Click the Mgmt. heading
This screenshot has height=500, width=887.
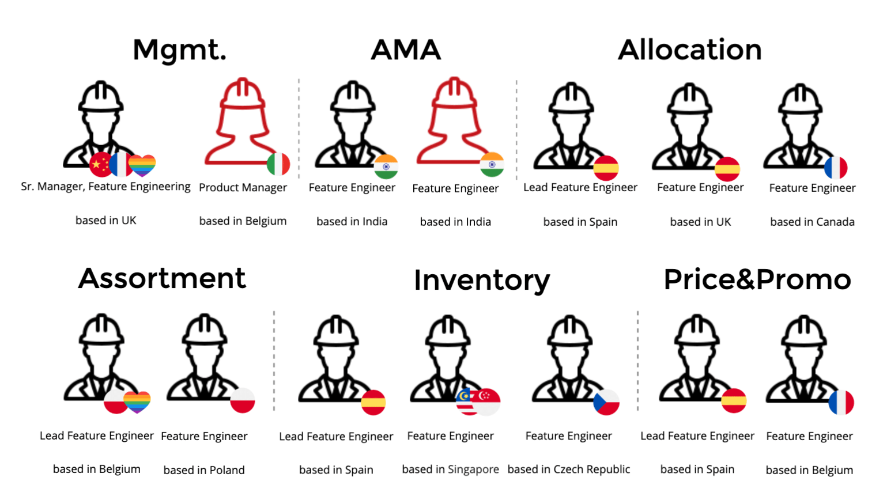click(x=179, y=50)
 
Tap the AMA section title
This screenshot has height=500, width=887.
click(x=406, y=50)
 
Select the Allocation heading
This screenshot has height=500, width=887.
click(x=689, y=50)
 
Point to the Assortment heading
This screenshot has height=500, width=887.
click(x=162, y=279)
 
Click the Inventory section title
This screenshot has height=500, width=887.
click(x=482, y=281)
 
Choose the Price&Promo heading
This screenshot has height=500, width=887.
click(x=757, y=280)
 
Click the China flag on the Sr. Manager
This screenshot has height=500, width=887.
click(x=100, y=165)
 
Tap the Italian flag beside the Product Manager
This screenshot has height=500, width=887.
click(x=278, y=164)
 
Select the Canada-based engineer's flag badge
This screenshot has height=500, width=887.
click(x=835, y=168)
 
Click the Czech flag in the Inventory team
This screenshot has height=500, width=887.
click(x=606, y=403)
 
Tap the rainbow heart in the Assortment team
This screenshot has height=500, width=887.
click(x=137, y=401)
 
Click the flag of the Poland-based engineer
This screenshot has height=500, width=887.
click(x=243, y=400)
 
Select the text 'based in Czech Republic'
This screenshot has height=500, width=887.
click(x=569, y=469)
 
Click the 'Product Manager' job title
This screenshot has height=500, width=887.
click(x=243, y=188)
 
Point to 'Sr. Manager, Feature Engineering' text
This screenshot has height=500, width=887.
click(x=105, y=187)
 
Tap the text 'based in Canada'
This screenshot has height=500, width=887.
click(x=812, y=222)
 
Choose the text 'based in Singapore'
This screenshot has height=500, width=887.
click(x=450, y=469)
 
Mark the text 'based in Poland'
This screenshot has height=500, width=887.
click(x=204, y=470)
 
